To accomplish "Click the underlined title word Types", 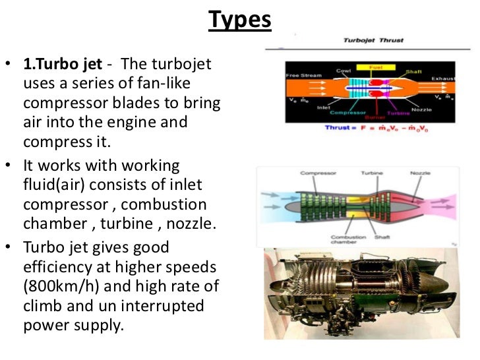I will (x=240, y=20).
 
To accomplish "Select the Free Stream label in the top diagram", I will (x=303, y=75).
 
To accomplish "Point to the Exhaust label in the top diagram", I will (x=443, y=78).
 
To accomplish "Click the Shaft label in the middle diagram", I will (x=382, y=237).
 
